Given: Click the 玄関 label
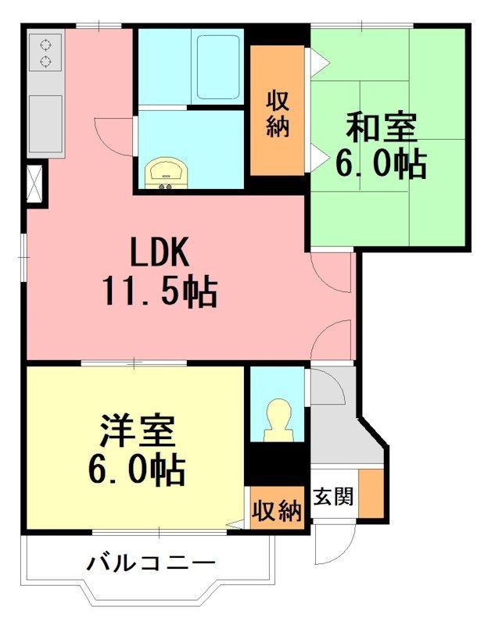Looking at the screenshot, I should pyautogui.click(x=334, y=496).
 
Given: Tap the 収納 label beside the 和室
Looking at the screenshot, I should pyautogui.click(x=278, y=113).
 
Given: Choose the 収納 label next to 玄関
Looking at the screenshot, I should pyautogui.click(x=277, y=512).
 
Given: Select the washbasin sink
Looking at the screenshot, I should pyautogui.click(x=166, y=172).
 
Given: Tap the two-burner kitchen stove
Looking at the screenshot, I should pyautogui.click(x=45, y=52).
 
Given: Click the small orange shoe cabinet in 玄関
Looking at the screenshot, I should pyautogui.click(x=371, y=494).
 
